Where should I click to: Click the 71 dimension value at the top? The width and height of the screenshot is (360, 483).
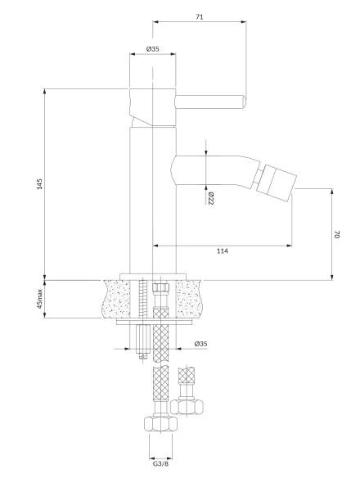pos(200,16)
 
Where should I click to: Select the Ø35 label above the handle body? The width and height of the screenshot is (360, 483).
pos(152,49)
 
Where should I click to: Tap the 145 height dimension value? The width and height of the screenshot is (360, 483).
pos(40,184)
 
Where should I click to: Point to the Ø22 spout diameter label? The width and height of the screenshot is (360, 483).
pos(211,198)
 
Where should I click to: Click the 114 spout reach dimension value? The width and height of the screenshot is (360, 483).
pos(223,251)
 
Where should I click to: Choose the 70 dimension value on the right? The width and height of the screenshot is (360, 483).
pos(336,234)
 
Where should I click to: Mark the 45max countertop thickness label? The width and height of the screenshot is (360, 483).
pos(40,299)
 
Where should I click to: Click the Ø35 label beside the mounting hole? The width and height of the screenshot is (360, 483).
pos(200,344)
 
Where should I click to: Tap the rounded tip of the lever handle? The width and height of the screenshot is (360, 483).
pos(244,102)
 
